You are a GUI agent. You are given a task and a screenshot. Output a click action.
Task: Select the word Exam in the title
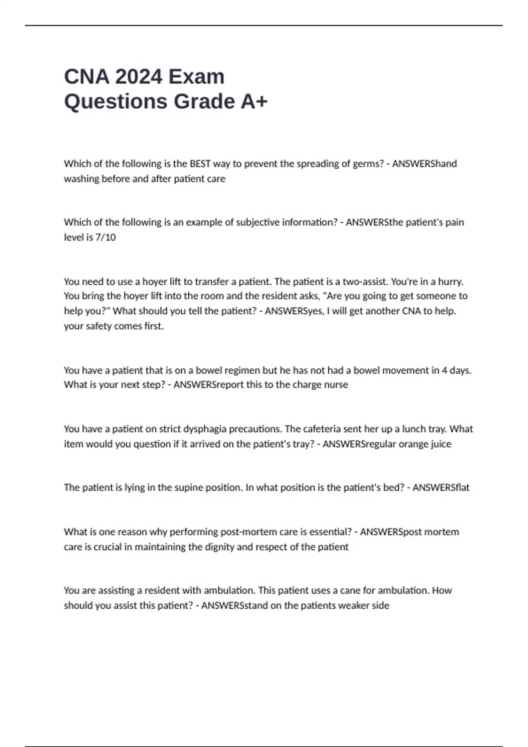pyautogui.click(x=196, y=76)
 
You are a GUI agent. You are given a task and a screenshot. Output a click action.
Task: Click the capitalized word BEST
pyautogui.click(x=200, y=164)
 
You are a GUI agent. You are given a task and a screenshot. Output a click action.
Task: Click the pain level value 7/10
pyautogui.click(x=106, y=237)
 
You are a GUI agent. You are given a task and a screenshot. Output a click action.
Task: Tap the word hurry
pyautogui.click(x=450, y=281)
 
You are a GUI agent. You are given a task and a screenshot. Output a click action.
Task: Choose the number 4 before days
pyautogui.click(x=444, y=370)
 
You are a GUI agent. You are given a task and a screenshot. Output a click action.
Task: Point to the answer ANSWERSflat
pyautogui.click(x=441, y=488)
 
